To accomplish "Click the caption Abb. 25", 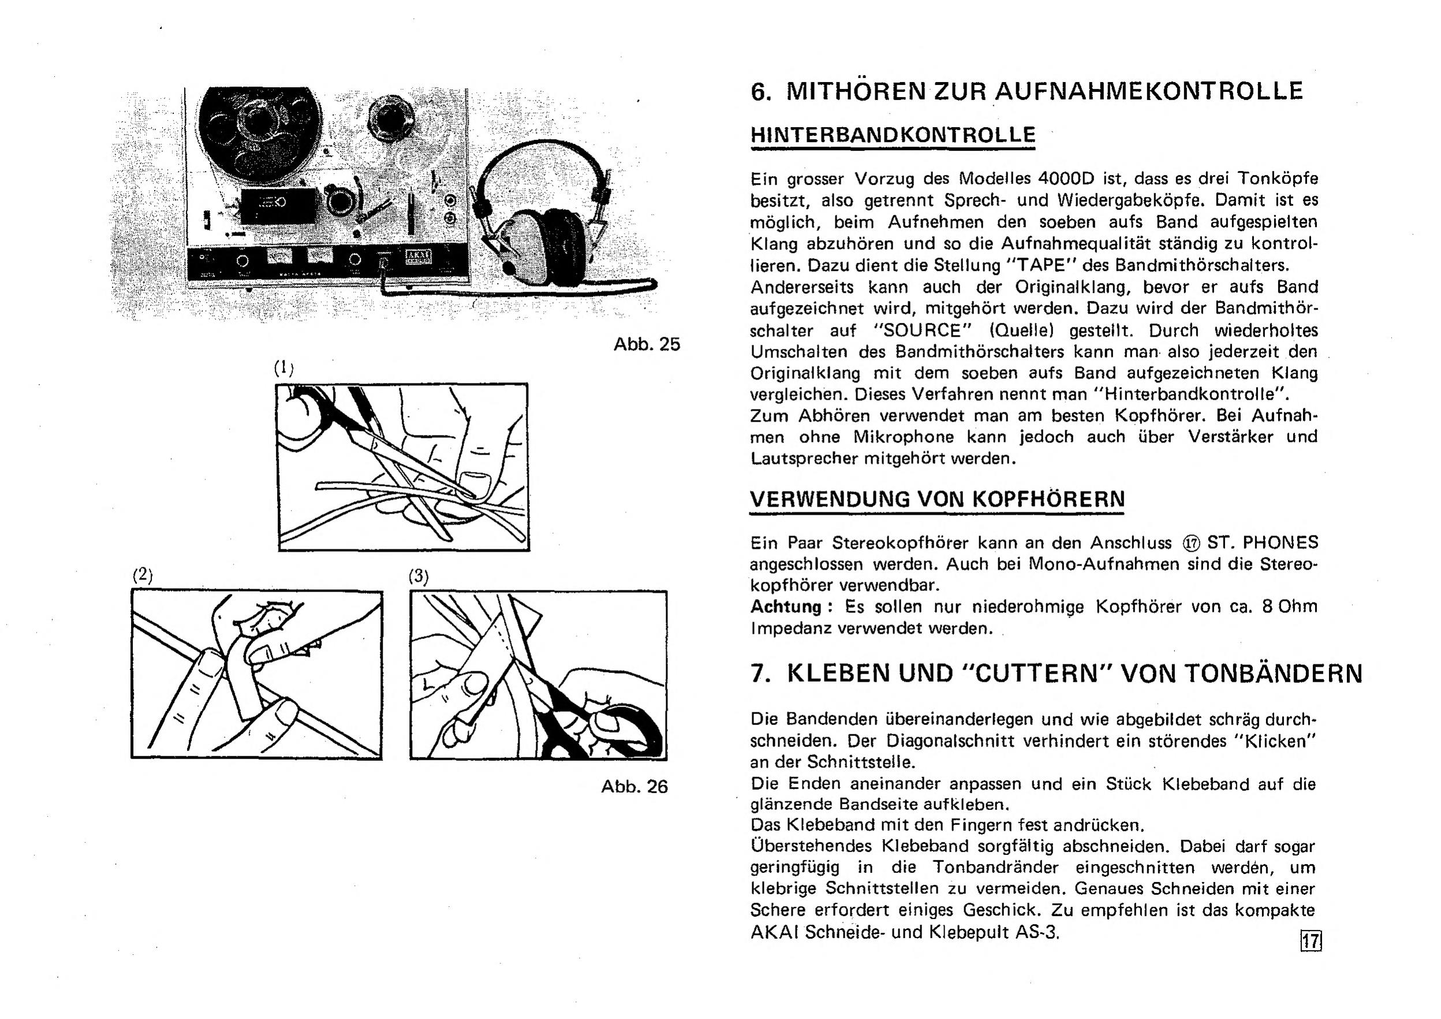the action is pyautogui.click(x=647, y=344).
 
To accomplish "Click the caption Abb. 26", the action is pyautogui.click(x=634, y=786).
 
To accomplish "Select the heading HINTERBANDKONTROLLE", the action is pyautogui.click(x=893, y=135).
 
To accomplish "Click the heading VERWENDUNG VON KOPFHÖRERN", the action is pyautogui.click(x=938, y=499).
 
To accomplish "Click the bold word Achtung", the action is pyautogui.click(x=786, y=607).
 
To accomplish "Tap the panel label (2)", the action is pyautogui.click(x=143, y=575).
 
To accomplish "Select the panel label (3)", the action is pyautogui.click(x=419, y=576).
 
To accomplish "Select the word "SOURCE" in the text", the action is pyautogui.click(x=924, y=330).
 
